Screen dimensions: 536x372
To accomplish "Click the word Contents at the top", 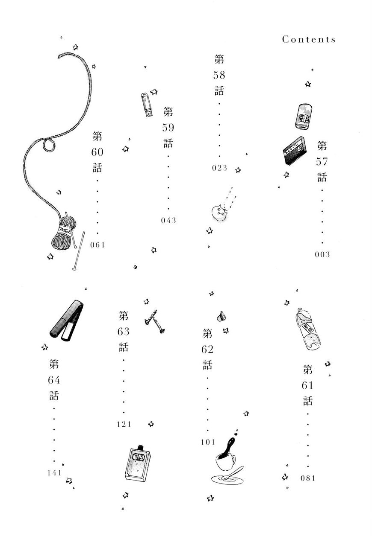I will point(309,39).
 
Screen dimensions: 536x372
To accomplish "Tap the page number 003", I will point(322,255).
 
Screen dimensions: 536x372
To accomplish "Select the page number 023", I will point(219,168).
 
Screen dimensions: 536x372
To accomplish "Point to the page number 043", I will point(168,221).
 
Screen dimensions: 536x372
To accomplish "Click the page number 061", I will point(97,245).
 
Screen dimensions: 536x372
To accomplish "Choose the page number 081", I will point(307,478).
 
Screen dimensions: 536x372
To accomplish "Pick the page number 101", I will point(207,442).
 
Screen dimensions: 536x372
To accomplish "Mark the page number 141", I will point(54,472).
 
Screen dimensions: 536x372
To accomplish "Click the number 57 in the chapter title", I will point(322,161).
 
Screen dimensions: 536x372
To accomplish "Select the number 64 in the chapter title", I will point(54,380).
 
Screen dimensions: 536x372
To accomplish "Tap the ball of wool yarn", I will point(63,236).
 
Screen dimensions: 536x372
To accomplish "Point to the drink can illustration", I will point(303,116).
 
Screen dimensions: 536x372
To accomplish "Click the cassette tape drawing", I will point(295,151).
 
